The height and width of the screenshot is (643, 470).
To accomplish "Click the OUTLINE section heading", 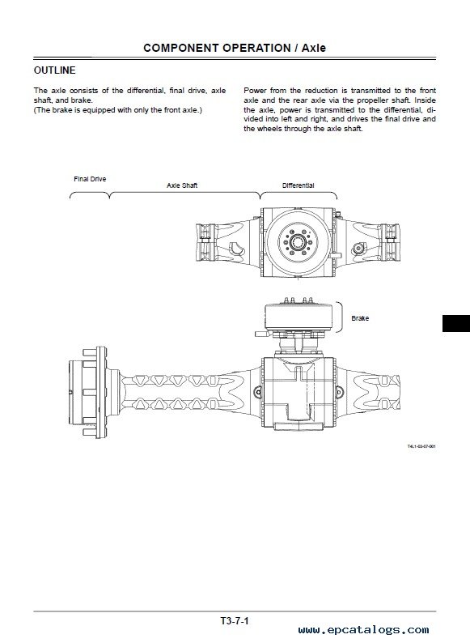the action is pos(54,70).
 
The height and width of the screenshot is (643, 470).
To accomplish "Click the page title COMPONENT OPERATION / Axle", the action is pos(235,48).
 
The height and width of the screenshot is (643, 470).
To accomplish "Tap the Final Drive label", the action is pos(90,179).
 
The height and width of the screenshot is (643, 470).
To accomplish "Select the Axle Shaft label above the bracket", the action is pos(182,185).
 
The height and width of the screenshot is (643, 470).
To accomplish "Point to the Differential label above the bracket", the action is pos(298,185).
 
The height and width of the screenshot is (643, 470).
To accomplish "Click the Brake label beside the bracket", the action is pos(360,318).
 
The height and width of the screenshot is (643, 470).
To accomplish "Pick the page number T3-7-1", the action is pos(235,621).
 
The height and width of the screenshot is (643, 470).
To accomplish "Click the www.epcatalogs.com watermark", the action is pos(363,629).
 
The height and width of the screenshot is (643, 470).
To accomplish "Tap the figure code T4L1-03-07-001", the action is pos(421,446).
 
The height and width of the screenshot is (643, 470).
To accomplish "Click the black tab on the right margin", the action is pos(456,323).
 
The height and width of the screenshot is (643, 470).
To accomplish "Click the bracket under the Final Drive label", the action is pos(90,195).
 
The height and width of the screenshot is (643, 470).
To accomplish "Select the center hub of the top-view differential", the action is pos(299,241).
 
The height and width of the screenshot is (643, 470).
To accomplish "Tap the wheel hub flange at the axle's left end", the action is pos(101,393).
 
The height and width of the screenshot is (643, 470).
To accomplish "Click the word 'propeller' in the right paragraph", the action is pos(373,100).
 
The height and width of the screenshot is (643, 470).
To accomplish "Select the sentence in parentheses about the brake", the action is pos(118,110).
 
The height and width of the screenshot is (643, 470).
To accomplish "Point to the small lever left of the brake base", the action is pos(262,334).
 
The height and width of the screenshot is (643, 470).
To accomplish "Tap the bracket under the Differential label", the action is pos(299,194).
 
